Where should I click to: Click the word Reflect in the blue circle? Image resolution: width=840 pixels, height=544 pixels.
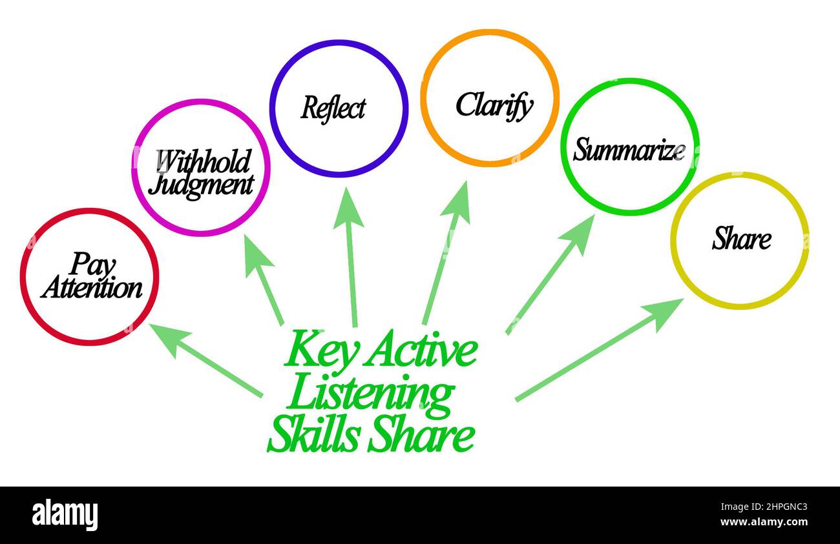point(333,108)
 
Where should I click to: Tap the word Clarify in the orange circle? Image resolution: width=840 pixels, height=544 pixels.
point(494,106)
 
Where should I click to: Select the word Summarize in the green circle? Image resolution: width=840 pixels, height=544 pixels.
point(629,149)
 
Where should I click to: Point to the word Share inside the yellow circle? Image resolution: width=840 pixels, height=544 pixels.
point(742,238)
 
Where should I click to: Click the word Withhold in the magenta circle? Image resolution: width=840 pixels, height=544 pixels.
point(204,161)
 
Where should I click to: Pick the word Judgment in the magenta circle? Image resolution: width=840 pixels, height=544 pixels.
point(201,186)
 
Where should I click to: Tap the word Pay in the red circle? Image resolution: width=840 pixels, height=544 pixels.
point(92,265)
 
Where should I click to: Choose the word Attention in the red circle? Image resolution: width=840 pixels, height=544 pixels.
point(92,288)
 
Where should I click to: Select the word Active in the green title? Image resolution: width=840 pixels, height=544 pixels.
point(421,349)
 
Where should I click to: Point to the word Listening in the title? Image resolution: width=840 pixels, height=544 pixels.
point(370,397)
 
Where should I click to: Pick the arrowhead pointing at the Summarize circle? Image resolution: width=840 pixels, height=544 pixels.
point(579,233)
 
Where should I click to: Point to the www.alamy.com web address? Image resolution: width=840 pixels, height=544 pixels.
point(764,522)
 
